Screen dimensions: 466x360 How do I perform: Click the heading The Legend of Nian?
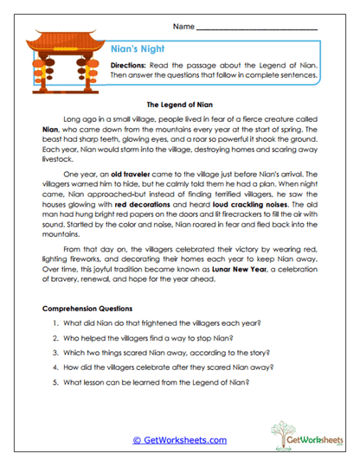tap(180, 100)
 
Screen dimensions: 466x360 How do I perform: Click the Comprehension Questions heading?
tap(87, 308)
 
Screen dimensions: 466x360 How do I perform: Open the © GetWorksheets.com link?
tap(179, 439)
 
